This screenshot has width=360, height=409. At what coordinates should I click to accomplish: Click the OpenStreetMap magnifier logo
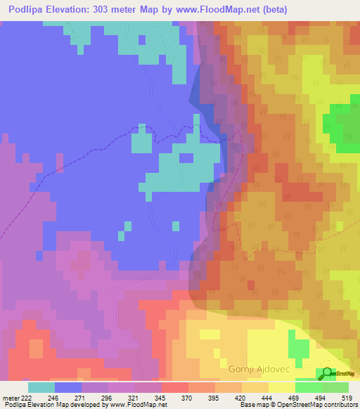click(326, 373)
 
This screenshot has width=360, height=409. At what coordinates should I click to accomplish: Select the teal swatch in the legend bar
click(41, 387)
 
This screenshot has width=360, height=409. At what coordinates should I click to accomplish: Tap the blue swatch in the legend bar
click(67, 387)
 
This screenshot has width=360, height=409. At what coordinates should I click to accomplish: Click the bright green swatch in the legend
click(309, 387)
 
